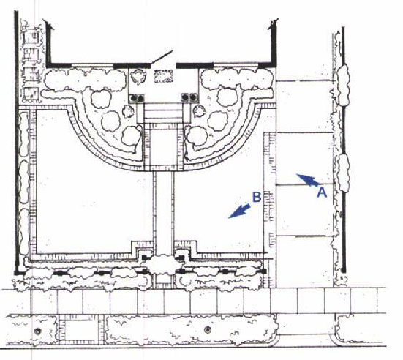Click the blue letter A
point(322,192)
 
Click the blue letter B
point(257,198)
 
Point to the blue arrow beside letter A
point(308,180)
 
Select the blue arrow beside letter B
point(239,211)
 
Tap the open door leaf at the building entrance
point(162,57)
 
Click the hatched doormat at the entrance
point(163,76)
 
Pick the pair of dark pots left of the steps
point(137,98)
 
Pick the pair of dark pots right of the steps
point(189,97)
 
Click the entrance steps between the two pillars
point(163,113)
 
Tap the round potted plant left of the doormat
point(138,76)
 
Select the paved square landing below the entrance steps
point(163,147)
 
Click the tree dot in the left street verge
point(37,331)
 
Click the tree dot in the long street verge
point(208,329)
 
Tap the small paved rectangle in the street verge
point(78,331)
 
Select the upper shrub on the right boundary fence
point(343,86)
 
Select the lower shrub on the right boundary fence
point(343,173)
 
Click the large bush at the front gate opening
point(162,264)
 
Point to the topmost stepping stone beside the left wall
point(31,37)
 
